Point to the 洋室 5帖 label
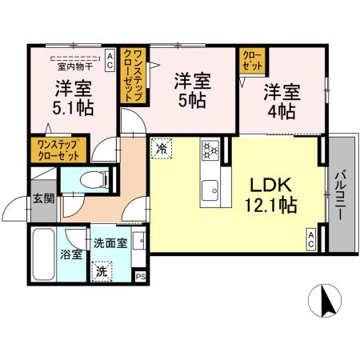[191, 90]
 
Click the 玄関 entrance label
[43, 201]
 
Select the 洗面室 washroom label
[110, 242]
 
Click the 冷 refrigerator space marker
[161, 148]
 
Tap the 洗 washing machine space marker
[102, 270]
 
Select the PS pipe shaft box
[141, 277]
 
